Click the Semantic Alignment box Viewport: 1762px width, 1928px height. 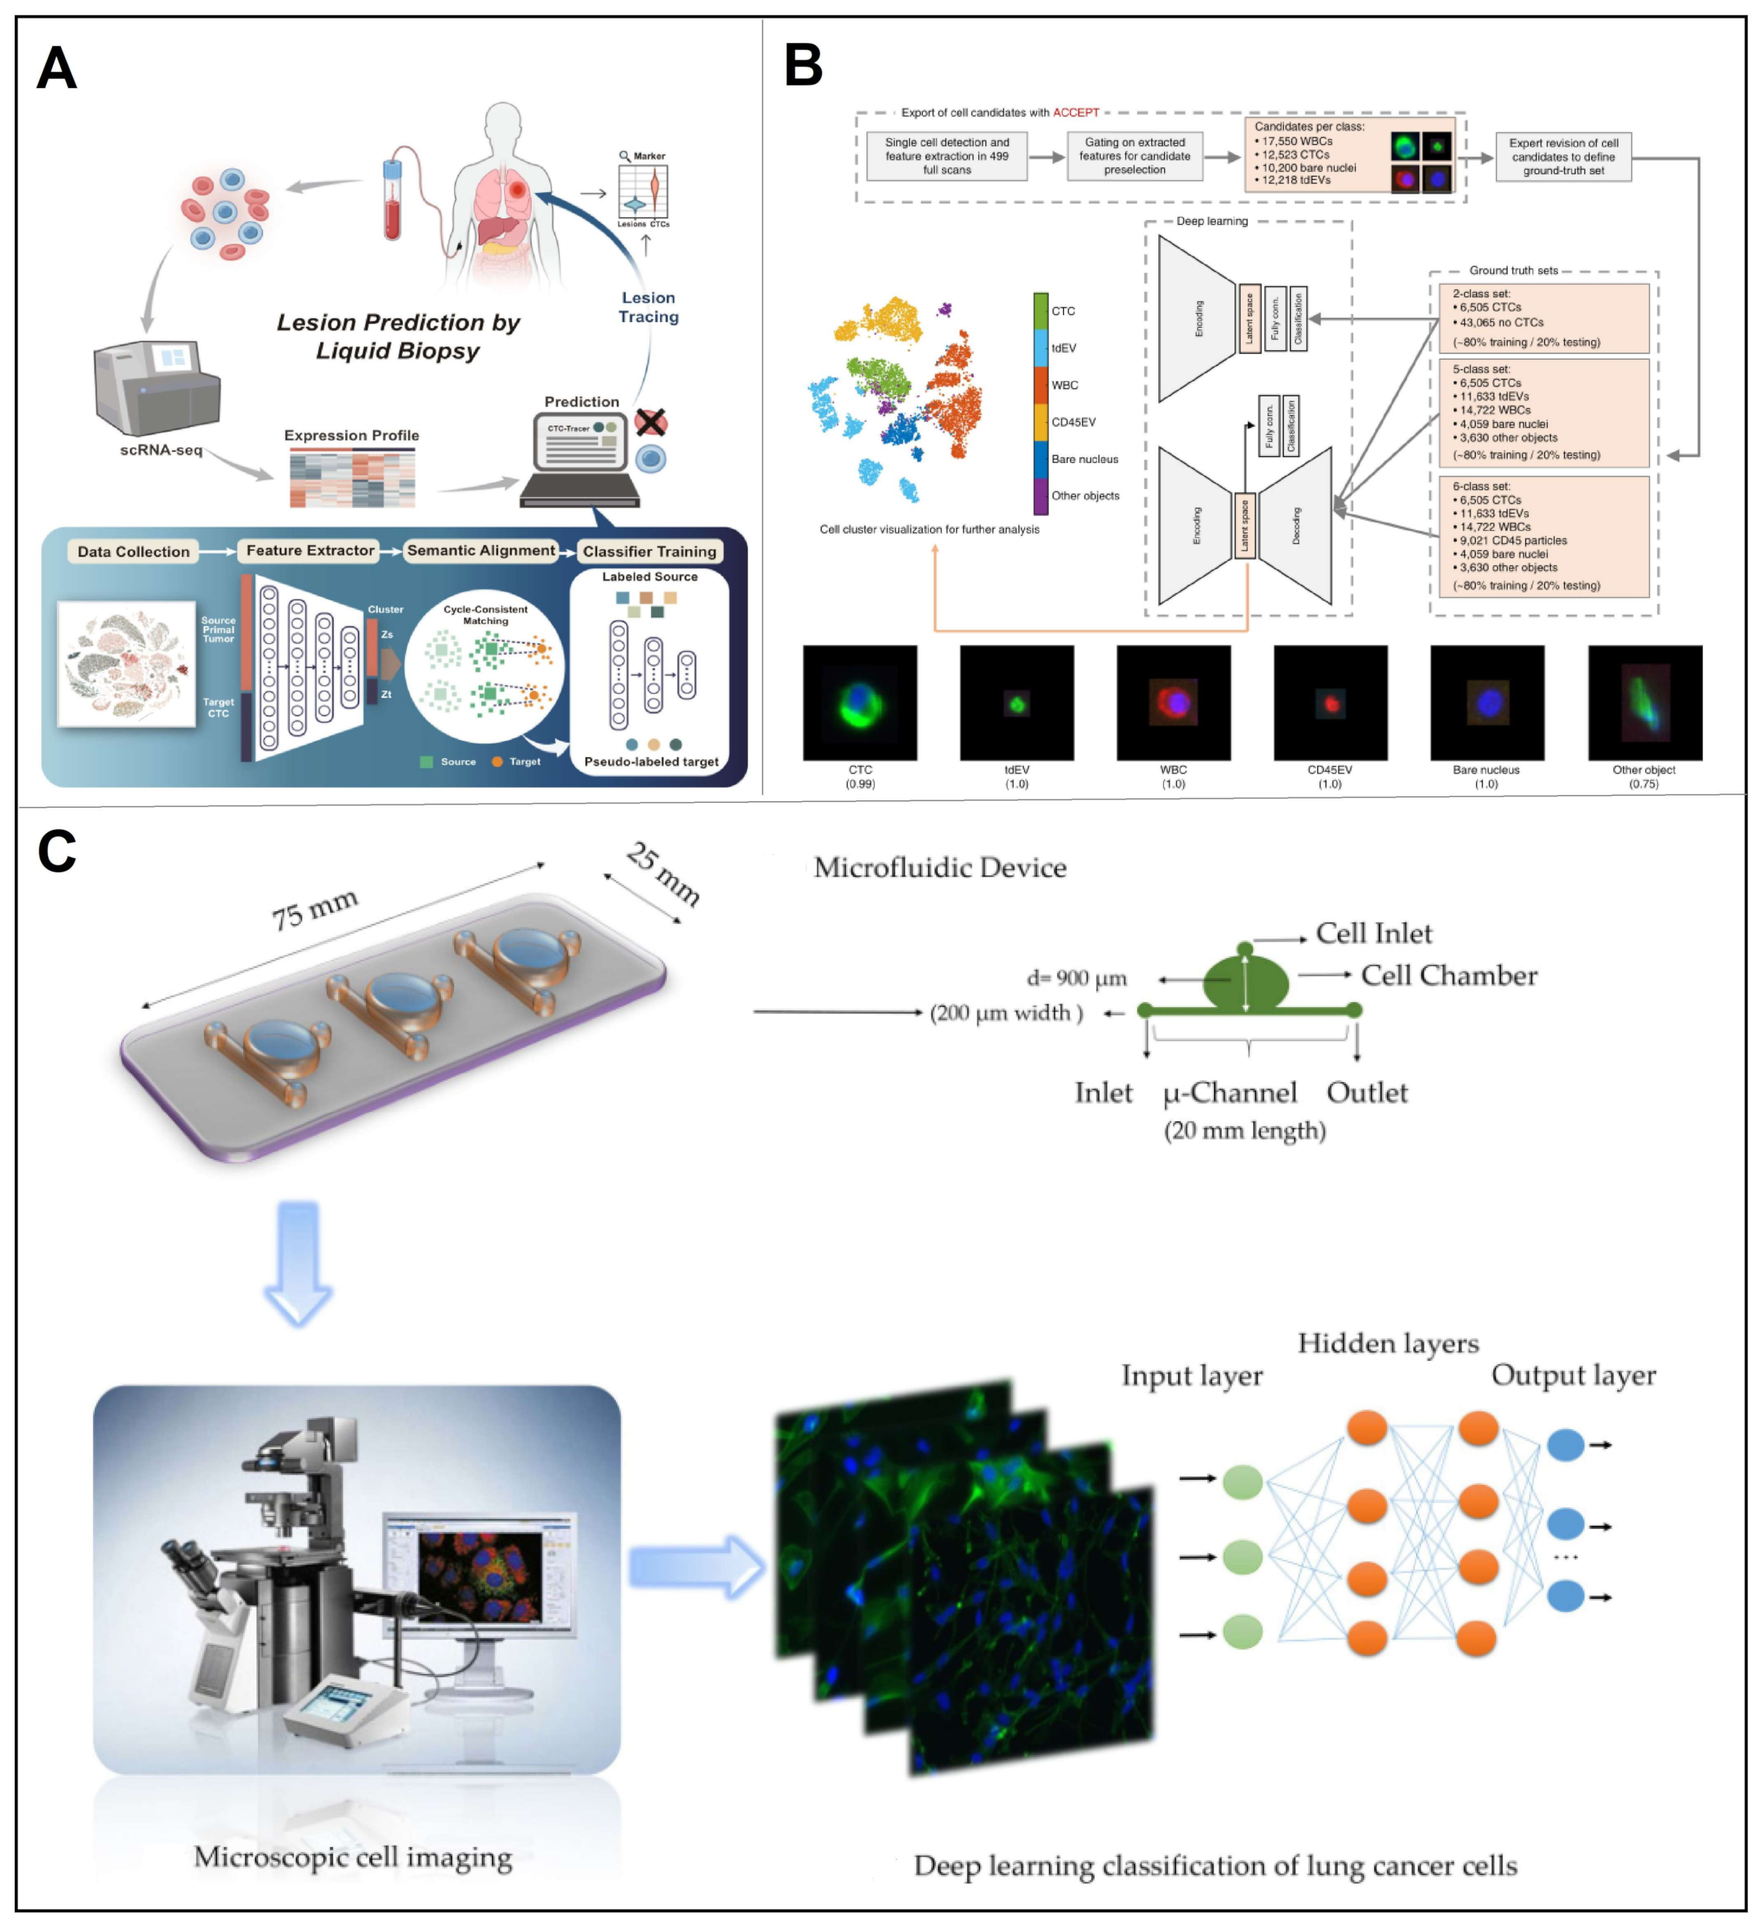(481, 551)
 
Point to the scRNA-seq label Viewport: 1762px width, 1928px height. (161, 450)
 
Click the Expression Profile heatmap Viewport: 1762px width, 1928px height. (353, 479)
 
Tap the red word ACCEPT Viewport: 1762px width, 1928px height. (1076, 113)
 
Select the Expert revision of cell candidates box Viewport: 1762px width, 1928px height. (1563, 157)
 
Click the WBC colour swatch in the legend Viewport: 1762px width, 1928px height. (1040, 385)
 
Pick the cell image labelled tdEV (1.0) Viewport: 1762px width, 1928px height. (1016, 703)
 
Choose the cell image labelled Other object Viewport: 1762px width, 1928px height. (1644, 703)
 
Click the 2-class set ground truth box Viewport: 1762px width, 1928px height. (1543, 317)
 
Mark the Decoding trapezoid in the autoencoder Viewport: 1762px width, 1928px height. (1296, 526)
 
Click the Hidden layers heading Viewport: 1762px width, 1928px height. (1387, 1344)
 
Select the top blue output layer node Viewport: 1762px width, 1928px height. (1565, 1445)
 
